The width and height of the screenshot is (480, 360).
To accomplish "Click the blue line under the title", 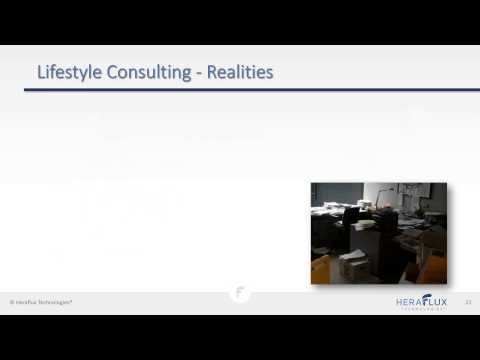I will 240,89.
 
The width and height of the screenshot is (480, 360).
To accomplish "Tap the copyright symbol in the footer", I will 11,301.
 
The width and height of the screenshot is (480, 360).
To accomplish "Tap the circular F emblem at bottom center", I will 240,294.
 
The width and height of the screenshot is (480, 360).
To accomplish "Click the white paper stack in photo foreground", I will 353,265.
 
